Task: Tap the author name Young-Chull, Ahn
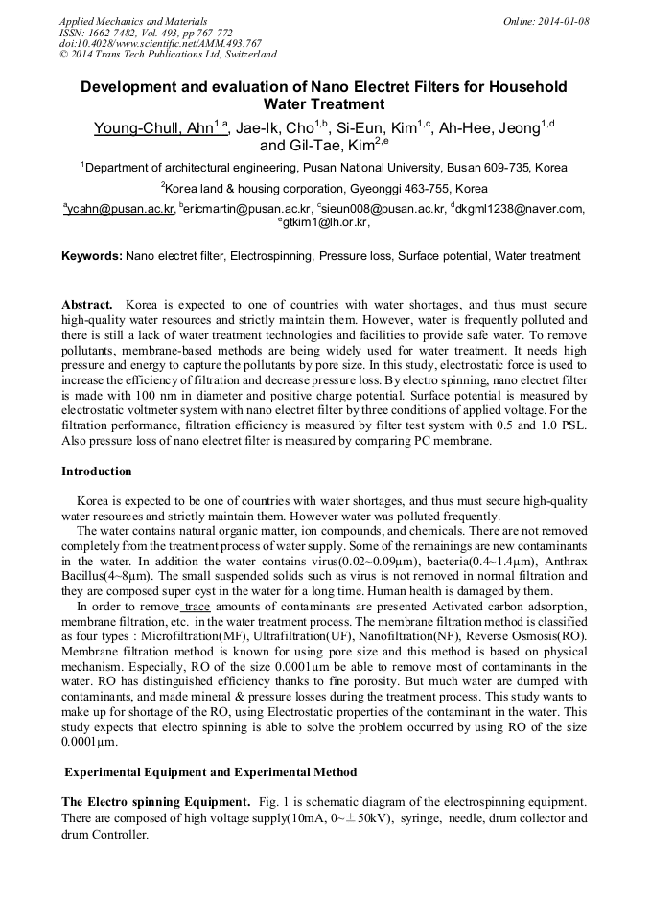[x=152, y=128]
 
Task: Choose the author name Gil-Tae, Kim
[x=330, y=146]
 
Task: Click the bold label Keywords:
[x=92, y=256]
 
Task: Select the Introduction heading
[x=96, y=471]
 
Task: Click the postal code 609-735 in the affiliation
[x=505, y=167]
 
